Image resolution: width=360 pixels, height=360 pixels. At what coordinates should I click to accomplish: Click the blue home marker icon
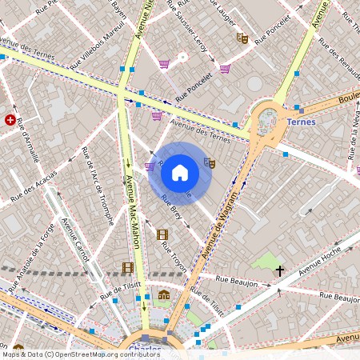pyautogui.click(x=180, y=173)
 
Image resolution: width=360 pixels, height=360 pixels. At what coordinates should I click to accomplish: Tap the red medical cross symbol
pyautogui.click(x=10, y=120)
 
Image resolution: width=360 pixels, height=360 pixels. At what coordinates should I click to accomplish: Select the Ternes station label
pyautogui.click(x=300, y=122)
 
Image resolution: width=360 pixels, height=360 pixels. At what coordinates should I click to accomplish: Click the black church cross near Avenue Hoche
pyautogui.click(x=279, y=271)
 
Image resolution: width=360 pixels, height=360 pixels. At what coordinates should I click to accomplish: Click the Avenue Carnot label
pyautogui.click(x=77, y=240)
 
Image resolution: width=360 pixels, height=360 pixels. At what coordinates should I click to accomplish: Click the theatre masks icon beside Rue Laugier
pyautogui.click(x=242, y=38)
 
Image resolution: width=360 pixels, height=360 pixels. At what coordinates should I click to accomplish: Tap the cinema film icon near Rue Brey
pyautogui.click(x=162, y=234)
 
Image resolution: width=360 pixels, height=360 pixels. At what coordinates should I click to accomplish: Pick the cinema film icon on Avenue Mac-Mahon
pyautogui.click(x=128, y=267)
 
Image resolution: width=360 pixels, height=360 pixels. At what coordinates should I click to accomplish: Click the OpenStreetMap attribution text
pyautogui.click(x=70, y=354)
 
